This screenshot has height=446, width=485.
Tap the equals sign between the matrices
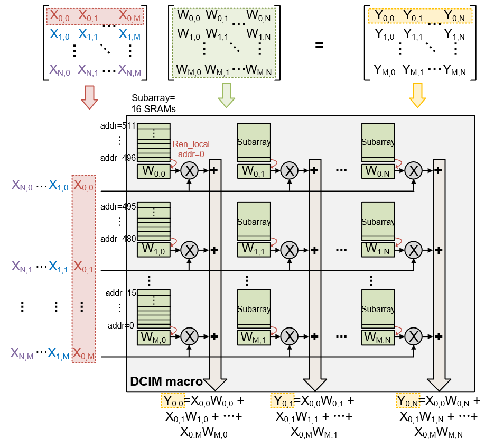click(319, 45)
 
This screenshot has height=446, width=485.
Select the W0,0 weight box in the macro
click(153, 171)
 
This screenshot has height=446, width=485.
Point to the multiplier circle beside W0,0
click(189, 170)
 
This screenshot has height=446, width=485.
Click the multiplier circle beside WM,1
click(290, 335)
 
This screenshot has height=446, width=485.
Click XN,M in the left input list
click(23, 356)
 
